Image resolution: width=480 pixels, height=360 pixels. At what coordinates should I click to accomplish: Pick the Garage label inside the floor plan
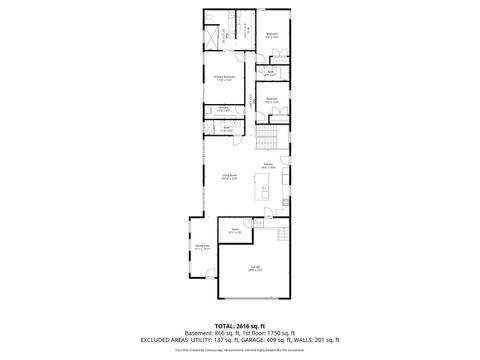coord(256,267)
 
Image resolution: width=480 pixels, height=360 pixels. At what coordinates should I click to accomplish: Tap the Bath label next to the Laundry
coord(227,128)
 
